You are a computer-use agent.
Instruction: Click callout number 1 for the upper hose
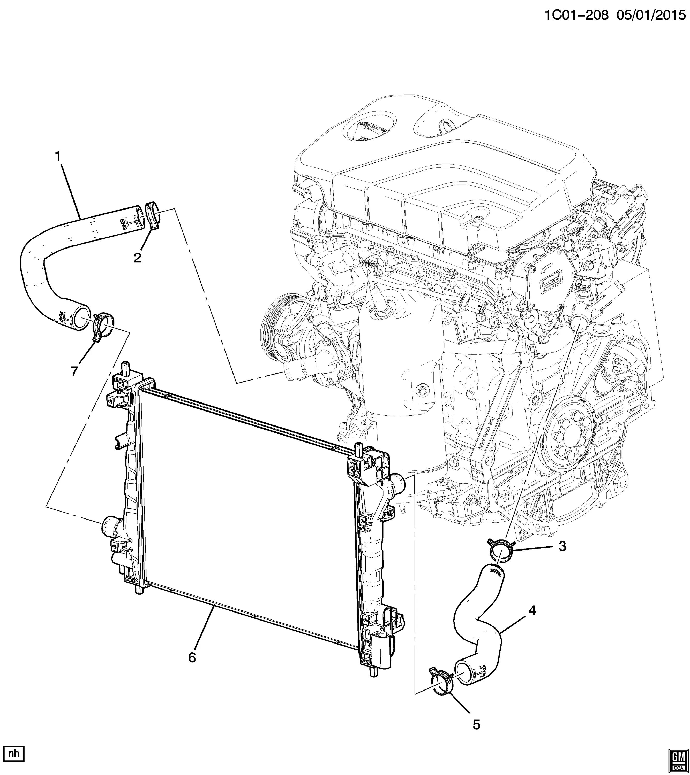(58, 156)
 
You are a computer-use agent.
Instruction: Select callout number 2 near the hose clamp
(137, 258)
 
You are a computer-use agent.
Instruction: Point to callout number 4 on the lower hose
(532, 610)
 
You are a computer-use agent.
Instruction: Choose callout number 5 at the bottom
(476, 725)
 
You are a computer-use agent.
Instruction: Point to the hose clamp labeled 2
(153, 216)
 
